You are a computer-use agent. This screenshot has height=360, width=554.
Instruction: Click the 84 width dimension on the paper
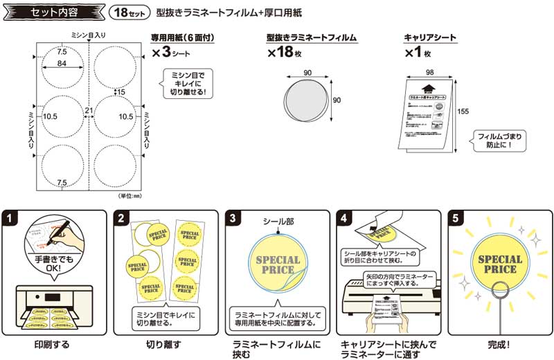click(62, 64)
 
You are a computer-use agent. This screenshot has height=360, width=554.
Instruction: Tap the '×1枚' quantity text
click(419, 53)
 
